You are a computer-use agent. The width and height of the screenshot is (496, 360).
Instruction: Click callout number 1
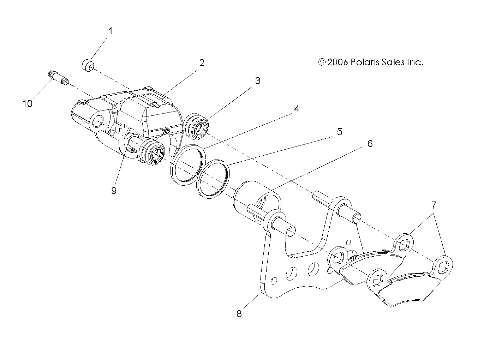[x=110, y=31]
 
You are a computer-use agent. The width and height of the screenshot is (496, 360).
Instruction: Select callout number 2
[x=202, y=63]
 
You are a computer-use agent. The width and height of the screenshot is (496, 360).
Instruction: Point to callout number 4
[x=297, y=109]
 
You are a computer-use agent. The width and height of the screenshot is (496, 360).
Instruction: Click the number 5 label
[x=339, y=132]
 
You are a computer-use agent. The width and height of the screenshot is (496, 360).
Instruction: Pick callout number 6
[x=370, y=144]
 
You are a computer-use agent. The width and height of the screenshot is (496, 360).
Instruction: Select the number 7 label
[x=434, y=205]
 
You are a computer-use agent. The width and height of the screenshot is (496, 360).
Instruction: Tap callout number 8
[x=239, y=313]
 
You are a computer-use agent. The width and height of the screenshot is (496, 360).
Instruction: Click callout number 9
[x=114, y=191]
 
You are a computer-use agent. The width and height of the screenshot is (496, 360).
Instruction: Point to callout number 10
[x=28, y=103]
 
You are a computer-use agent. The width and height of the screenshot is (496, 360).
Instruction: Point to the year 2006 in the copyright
[x=338, y=62]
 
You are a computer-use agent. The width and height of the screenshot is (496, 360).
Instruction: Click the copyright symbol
[x=322, y=62]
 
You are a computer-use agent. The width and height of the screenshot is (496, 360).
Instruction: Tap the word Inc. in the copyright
[x=415, y=62]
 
